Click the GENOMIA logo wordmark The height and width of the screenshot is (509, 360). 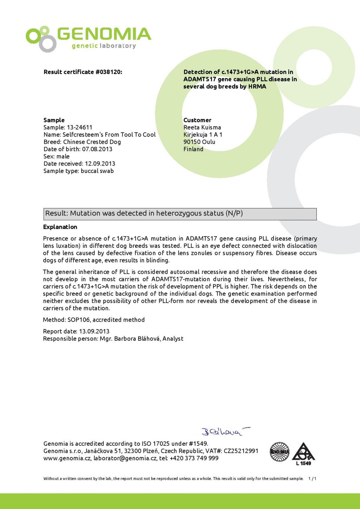[104, 34]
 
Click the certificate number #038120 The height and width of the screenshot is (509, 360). [109, 72]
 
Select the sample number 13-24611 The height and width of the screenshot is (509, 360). [79, 127]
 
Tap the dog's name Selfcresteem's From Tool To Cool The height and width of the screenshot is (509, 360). [109, 135]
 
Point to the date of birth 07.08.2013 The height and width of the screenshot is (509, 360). [97, 149]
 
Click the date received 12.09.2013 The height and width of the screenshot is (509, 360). [100, 163]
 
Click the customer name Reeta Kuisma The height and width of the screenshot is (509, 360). [202, 127]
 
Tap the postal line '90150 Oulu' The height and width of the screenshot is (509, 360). [199, 142]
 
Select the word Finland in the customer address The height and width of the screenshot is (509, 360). [193, 149]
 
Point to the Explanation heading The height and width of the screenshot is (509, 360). [60, 227]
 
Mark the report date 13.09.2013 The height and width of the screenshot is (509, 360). [94, 331]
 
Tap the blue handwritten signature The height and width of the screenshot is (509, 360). [225, 431]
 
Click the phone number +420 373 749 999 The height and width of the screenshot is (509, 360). [194, 458]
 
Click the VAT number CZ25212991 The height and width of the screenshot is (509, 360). [241, 451]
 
